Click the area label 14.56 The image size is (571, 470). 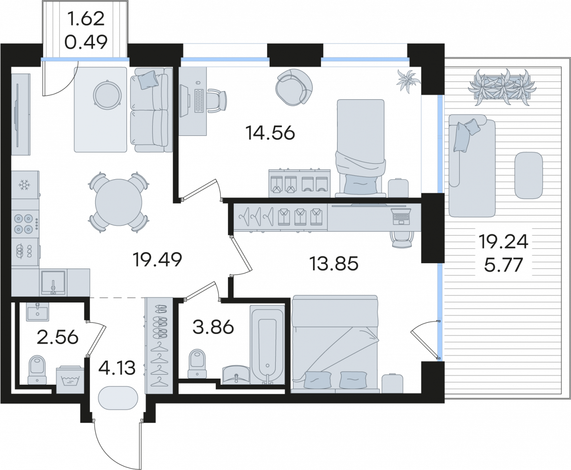point(270,133)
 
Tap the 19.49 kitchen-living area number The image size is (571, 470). point(157,259)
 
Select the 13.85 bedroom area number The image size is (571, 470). point(334,264)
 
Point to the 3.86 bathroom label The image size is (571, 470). point(213,327)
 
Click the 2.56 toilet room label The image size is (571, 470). point(57,338)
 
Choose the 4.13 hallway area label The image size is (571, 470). point(117,368)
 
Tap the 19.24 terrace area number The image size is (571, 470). point(503,242)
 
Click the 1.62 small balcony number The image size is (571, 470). point(86,19)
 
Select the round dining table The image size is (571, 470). point(119,202)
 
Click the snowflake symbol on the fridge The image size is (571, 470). point(24,185)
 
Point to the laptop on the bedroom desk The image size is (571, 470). point(401,216)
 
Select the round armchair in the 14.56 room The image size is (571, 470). point(294,87)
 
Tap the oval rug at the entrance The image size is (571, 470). point(118,398)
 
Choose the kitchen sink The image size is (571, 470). point(53,282)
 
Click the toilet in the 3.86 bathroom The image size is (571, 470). point(197,363)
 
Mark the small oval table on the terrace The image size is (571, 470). point(528,175)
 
